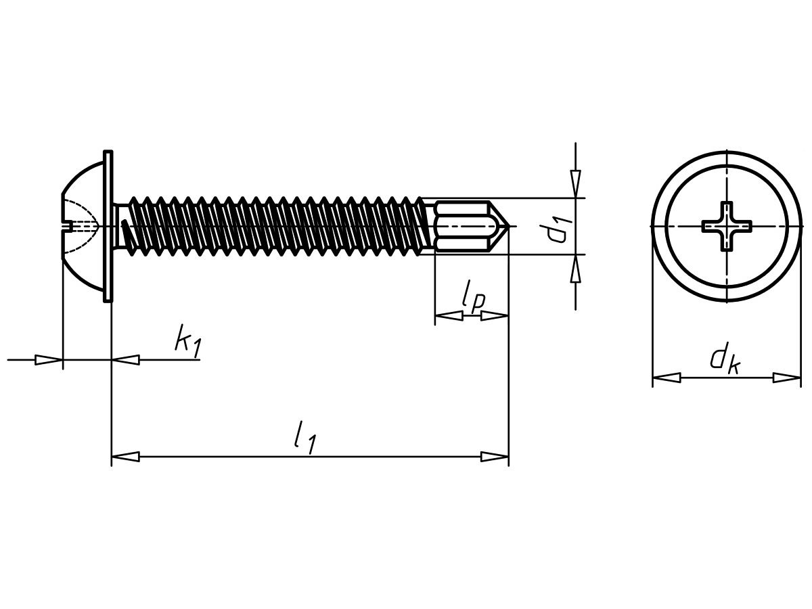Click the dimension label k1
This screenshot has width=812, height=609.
(x=188, y=341)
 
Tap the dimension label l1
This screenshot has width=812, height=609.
(x=305, y=437)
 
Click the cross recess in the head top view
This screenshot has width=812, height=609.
(x=727, y=226)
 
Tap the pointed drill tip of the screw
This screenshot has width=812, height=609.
(x=500, y=226)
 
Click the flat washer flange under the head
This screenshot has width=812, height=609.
(x=108, y=226)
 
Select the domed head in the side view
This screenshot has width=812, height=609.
(x=83, y=226)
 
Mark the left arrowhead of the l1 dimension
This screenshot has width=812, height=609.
(x=125, y=457)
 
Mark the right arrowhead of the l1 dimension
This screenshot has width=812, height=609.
(x=495, y=457)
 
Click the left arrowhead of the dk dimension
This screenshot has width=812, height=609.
(x=667, y=378)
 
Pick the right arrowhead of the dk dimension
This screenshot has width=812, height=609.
(x=787, y=378)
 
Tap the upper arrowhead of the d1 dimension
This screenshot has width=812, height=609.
(x=575, y=184)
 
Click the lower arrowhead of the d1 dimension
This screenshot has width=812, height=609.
(x=575, y=269)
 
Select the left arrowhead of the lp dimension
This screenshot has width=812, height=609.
(x=449, y=316)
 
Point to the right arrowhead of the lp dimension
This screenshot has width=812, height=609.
(x=495, y=316)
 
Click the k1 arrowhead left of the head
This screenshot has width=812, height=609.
(x=49, y=360)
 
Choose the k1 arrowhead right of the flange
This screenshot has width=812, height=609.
(x=125, y=360)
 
